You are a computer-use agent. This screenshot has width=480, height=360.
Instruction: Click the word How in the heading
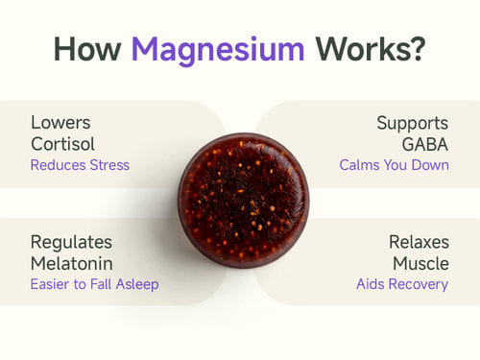click(87, 49)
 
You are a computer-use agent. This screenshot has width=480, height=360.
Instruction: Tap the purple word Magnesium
click(218, 51)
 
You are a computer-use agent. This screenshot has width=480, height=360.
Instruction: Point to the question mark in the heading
click(417, 48)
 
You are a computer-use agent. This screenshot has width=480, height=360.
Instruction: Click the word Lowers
click(60, 123)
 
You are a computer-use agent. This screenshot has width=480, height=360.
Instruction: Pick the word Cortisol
click(62, 144)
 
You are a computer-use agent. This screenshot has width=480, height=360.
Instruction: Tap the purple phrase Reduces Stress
click(80, 165)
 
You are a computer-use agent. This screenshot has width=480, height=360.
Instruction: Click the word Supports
click(413, 124)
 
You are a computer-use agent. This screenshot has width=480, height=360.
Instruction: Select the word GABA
click(425, 144)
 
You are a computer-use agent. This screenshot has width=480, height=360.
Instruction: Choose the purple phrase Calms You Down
click(395, 165)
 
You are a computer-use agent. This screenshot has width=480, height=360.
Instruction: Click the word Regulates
click(71, 243)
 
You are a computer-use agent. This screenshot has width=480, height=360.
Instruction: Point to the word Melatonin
click(72, 264)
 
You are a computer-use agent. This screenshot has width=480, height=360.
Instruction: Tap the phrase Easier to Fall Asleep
click(95, 284)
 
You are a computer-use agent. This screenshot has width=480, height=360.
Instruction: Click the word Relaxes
click(419, 242)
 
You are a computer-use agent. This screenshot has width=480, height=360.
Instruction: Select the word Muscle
click(420, 264)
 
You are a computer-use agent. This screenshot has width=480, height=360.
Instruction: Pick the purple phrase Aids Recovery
click(402, 284)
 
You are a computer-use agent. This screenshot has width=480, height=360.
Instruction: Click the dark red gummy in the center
click(244, 200)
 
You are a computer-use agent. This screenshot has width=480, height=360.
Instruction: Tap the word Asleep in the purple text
click(137, 284)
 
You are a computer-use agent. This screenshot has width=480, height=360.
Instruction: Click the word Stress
click(109, 165)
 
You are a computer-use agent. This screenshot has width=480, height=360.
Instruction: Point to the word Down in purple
click(430, 165)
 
